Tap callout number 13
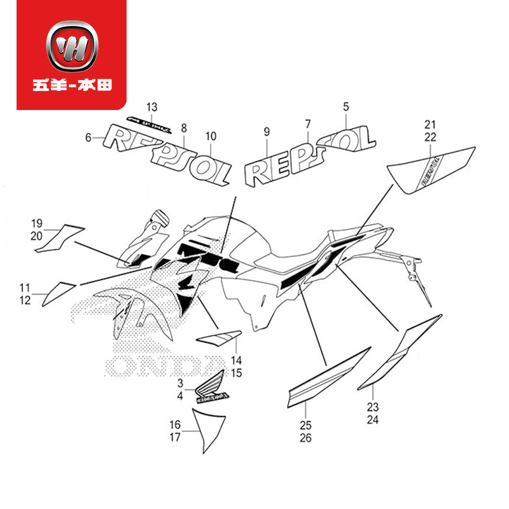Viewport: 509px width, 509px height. [x=152, y=106]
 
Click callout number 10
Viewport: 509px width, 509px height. [x=211, y=136]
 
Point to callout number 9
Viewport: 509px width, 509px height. [x=267, y=132]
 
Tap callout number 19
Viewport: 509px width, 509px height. [x=36, y=223]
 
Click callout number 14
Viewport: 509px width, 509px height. [x=236, y=360]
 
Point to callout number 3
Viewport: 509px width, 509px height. [x=180, y=384]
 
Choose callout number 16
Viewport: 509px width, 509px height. [x=174, y=424]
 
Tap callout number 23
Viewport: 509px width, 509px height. [x=373, y=407]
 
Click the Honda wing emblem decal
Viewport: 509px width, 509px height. [x=211, y=387]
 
